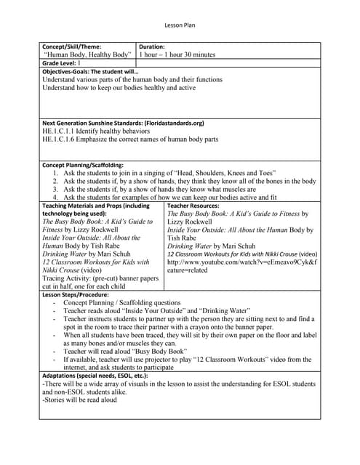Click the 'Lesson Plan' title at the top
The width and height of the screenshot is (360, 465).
click(180, 23)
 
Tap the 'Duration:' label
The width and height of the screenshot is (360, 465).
click(152, 46)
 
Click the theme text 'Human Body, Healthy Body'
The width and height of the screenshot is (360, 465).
click(88, 54)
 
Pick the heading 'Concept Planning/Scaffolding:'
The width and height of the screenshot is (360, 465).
click(83, 165)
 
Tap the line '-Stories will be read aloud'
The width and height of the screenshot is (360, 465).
click(80, 400)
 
